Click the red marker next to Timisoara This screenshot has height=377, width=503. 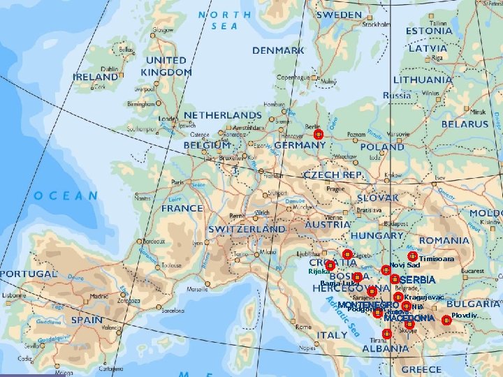(413, 257)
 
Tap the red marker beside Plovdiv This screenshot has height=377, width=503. (446, 320)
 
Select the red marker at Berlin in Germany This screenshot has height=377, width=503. (318, 134)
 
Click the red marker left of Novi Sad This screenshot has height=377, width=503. (386, 269)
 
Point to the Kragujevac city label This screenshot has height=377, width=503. (423, 297)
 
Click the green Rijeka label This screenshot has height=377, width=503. (318, 271)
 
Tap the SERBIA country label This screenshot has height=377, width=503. (418, 280)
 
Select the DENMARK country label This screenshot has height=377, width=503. (278, 51)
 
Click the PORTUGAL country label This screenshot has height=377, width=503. (28, 274)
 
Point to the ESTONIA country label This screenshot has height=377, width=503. (429, 31)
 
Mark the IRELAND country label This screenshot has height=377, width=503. (96, 77)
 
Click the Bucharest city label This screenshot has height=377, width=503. (472, 270)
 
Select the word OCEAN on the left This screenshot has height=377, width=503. (66, 196)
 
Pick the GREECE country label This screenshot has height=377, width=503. (421, 369)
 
